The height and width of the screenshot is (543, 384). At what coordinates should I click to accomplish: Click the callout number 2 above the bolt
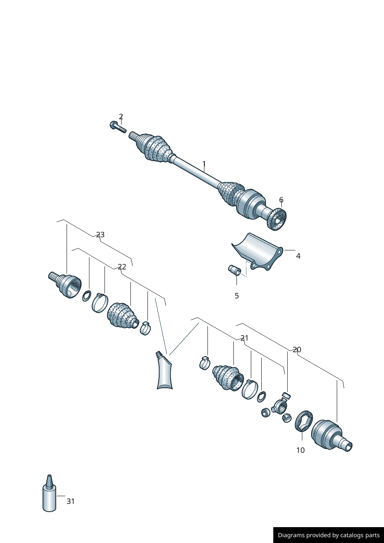(121, 116)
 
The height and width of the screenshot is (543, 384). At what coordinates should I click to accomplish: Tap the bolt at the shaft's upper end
(118, 127)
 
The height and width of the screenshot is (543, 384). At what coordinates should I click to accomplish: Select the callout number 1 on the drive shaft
(204, 164)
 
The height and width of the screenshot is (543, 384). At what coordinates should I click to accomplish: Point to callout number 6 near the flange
(281, 200)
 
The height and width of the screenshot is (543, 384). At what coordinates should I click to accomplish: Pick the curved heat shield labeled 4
(257, 250)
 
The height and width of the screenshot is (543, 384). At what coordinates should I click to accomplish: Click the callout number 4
(298, 256)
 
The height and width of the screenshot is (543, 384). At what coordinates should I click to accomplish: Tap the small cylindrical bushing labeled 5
(235, 270)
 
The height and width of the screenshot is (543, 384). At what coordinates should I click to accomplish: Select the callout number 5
(237, 296)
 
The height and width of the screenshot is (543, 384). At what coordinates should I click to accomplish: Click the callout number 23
(100, 235)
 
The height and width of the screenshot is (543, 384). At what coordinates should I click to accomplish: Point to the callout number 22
(122, 267)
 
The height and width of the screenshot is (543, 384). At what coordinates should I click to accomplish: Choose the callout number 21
(244, 338)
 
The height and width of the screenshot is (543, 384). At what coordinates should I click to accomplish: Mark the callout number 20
(297, 349)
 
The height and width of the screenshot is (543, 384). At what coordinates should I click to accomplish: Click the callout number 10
(300, 450)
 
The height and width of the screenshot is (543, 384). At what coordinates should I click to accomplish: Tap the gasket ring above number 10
(303, 421)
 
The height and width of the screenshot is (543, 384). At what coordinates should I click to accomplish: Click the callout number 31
(70, 501)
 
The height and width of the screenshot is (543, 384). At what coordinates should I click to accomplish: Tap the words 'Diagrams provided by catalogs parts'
(328, 535)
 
